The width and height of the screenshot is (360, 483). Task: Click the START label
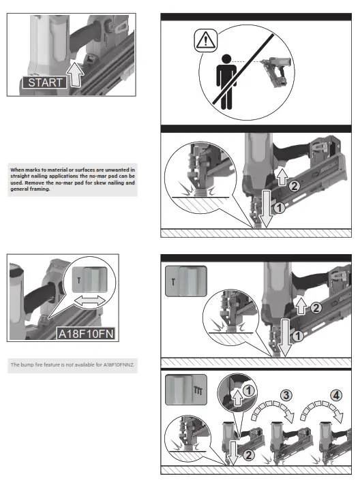pos(46,82)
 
